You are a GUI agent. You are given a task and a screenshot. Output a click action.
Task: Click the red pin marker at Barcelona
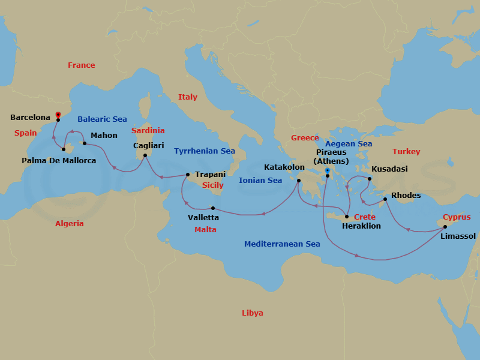point(58,114)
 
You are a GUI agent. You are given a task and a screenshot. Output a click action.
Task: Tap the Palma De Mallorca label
point(58,160)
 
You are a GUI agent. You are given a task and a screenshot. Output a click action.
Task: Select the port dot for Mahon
point(84,143)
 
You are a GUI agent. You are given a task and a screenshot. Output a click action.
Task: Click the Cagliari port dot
point(145,155)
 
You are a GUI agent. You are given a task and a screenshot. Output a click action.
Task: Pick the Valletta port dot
point(213,208)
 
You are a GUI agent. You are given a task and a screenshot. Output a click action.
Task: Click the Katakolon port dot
point(298,178)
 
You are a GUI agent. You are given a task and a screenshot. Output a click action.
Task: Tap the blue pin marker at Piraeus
point(327,171)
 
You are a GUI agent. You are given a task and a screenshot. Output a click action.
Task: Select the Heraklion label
point(361,226)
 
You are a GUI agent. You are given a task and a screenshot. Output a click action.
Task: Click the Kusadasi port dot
point(370,179)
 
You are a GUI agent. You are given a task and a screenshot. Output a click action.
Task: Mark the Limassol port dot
point(445,227)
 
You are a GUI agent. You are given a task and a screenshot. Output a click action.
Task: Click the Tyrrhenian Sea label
point(204,151)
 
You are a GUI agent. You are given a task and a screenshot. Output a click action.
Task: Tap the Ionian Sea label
point(260,180)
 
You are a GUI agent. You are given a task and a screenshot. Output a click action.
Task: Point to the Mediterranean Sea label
point(282,244)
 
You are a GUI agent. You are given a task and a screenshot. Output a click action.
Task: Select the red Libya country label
point(252,313)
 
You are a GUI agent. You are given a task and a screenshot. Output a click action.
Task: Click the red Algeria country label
point(70,223)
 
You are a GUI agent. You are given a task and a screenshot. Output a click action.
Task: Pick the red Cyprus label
point(457,217)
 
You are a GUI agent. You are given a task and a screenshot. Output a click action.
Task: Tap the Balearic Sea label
point(102,119)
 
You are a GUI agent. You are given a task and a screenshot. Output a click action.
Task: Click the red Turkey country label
point(406,152)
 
